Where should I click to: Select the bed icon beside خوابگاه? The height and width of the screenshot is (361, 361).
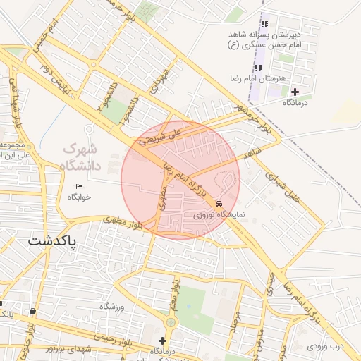click(x=79, y=185)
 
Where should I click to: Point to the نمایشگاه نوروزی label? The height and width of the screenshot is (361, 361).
click(x=221, y=213)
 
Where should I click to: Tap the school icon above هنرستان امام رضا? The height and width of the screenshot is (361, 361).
click(x=258, y=68)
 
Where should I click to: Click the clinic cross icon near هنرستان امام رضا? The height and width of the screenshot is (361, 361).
click(x=295, y=92)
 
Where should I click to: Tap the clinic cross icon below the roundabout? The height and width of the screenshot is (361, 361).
click(x=163, y=341)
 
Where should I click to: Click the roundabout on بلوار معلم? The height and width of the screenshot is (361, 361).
click(x=169, y=322)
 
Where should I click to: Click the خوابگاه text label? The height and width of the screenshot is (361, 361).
click(x=80, y=197)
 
